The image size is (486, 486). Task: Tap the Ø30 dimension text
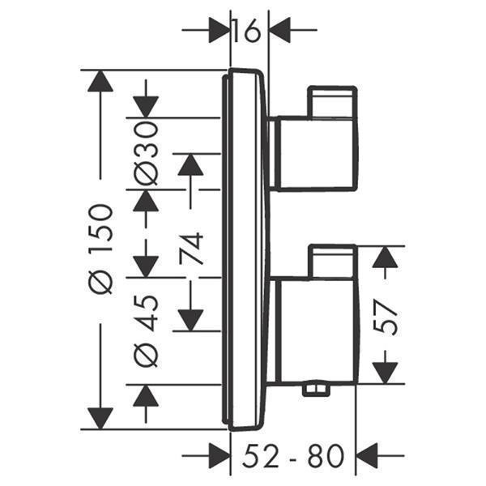click(x=146, y=154)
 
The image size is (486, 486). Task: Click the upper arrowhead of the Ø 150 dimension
click(x=100, y=82)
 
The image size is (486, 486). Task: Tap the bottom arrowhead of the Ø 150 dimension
click(x=100, y=418)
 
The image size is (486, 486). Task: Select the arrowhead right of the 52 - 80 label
click(x=369, y=456)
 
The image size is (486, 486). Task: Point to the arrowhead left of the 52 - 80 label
click(x=219, y=456)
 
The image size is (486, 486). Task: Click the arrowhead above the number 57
click(x=386, y=257)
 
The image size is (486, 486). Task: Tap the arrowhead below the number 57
click(x=386, y=371)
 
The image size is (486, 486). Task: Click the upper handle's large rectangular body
click(x=313, y=153)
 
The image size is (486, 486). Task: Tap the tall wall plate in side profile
click(x=246, y=249)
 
